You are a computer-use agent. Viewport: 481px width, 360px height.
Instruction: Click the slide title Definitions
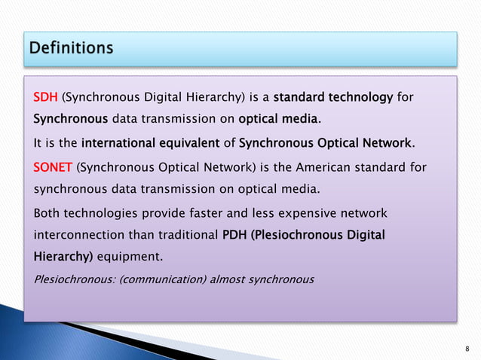click(72, 49)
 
